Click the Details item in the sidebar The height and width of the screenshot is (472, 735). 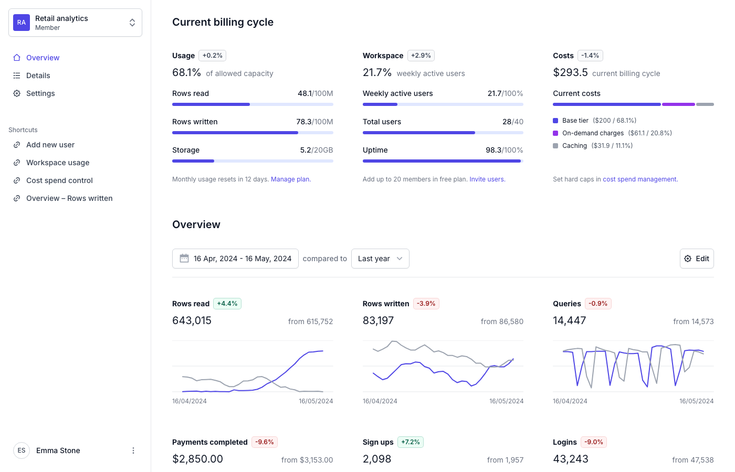[38, 76]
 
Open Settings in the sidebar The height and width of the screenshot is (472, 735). [40, 93]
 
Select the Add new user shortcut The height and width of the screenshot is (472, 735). [50, 145]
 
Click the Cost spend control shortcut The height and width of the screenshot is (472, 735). [59, 180]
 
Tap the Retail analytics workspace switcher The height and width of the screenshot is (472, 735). [75, 23]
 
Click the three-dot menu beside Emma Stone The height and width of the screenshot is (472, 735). [133, 450]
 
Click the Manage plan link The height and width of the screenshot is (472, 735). [290, 179]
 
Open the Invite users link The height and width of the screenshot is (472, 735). [487, 179]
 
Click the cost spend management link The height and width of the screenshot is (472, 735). [639, 179]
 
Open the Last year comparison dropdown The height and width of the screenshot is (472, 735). [380, 259]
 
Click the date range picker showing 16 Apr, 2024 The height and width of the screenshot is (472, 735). [235, 259]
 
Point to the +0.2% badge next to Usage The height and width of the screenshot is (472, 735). [212, 56]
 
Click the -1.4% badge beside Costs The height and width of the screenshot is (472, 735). [590, 56]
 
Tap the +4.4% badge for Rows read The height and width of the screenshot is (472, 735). [227, 304]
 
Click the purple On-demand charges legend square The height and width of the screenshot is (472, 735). [555, 133]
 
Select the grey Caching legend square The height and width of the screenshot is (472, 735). [555, 146]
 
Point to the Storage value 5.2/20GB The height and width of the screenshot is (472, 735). [316, 150]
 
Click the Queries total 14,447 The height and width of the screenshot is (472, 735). [569, 320]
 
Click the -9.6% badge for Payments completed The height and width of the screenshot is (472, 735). [265, 442]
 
